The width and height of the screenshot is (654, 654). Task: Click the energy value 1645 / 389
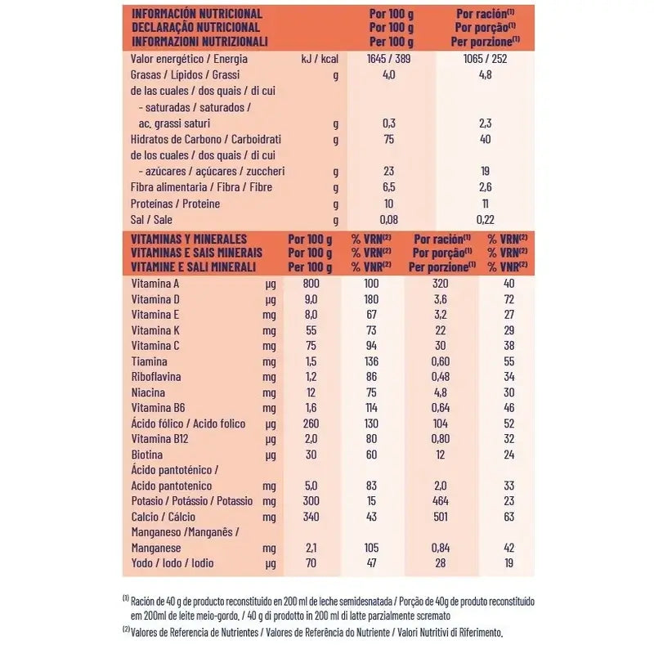tap(388, 60)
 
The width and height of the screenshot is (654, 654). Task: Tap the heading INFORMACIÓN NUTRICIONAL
tap(196, 14)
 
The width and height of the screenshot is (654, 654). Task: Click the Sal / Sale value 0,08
tap(388, 219)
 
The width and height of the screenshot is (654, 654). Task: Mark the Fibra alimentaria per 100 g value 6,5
tap(388, 187)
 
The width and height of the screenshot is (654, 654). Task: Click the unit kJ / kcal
tap(320, 60)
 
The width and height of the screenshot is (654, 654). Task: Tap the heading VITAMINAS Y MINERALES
tap(189, 239)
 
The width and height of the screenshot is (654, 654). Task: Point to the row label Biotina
tap(147, 455)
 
